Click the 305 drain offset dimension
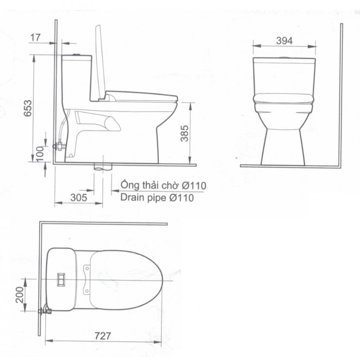tap(78, 198)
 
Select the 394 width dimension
tap(284, 41)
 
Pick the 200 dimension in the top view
tap(19, 295)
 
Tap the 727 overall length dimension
tap(103, 336)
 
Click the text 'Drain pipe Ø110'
tap(157, 198)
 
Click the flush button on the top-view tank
tap(62, 279)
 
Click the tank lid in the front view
tap(284, 62)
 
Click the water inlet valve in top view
tap(45, 309)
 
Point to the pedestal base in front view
tap(283, 146)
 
